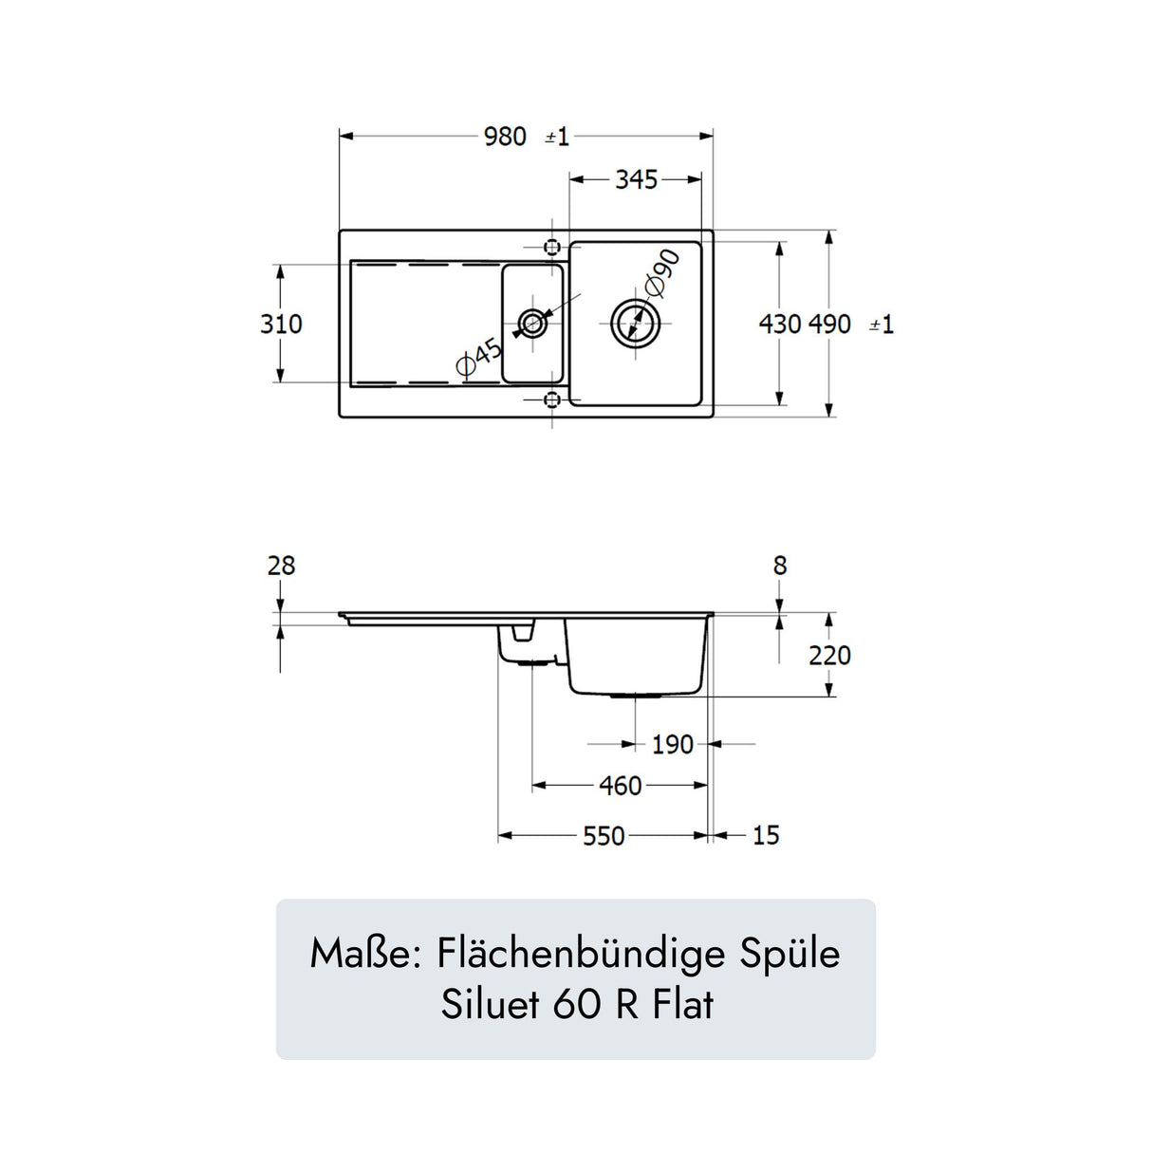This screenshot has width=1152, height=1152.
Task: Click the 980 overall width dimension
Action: pyautogui.click(x=505, y=137)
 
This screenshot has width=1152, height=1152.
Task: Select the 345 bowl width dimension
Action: pyautogui.click(x=636, y=179)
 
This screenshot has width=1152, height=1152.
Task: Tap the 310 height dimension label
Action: pyautogui.click(x=281, y=325)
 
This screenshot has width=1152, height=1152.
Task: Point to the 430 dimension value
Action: pyautogui.click(x=780, y=325)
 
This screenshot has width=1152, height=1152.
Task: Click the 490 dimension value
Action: pyautogui.click(x=830, y=325)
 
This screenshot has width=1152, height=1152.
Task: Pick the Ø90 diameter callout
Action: pyautogui.click(x=661, y=272)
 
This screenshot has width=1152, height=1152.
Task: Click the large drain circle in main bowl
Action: pyautogui.click(x=635, y=324)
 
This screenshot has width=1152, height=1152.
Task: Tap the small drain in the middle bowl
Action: pyautogui.click(x=532, y=325)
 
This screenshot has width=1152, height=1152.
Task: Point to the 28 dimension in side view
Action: pyautogui.click(x=281, y=567)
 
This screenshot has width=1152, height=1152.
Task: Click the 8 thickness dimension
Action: pyautogui.click(x=780, y=567)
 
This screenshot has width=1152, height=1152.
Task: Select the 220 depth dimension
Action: pyautogui.click(x=829, y=656)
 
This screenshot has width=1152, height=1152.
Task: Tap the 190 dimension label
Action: pyautogui.click(x=672, y=745)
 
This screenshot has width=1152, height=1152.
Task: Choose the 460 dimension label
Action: pyautogui.click(x=621, y=786)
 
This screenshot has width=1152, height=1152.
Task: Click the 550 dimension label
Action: pyautogui.click(x=604, y=836)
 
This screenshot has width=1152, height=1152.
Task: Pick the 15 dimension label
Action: pyautogui.click(x=766, y=836)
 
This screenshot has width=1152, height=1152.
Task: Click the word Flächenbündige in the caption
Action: pyautogui.click(x=582, y=955)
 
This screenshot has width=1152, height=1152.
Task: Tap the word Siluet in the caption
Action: pyautogui.click(x=492, y=1005)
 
